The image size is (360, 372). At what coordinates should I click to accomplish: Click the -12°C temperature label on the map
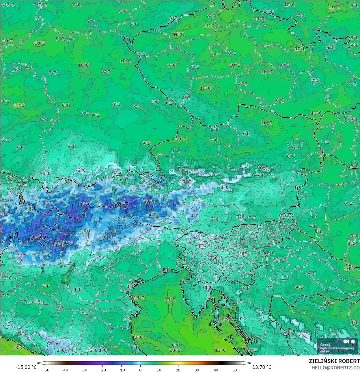pos(84,204)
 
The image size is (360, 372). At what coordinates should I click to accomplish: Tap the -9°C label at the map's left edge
pos(5,214)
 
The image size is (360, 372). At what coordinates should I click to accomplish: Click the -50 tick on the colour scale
pos(46,370)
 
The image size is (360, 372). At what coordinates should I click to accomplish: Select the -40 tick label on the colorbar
pos(65,370)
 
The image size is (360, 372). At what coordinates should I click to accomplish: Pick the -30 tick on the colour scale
pos(84,370)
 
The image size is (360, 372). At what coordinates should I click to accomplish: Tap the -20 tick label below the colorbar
pos(102,370)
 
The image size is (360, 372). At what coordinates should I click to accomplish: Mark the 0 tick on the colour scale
pos(140,370)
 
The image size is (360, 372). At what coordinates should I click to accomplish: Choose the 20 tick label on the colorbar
pos(178,370)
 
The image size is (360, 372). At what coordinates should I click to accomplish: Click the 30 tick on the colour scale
pos(197,370)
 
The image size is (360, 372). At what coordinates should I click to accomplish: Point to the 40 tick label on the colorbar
pos(216,370)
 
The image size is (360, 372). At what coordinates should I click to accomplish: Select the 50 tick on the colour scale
pos(235,370)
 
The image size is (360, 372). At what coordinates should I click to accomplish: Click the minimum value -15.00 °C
pos(26,367)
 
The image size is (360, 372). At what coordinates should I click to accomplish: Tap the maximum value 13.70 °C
pos(262,367)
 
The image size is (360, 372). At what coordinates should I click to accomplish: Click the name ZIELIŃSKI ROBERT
pos(334,361)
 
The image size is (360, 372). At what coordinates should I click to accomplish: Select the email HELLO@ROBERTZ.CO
pos(335,367)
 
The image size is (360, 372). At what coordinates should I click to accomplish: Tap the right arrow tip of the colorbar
pos(251,363)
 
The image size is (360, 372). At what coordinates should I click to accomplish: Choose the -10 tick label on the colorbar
pos(121,370)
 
